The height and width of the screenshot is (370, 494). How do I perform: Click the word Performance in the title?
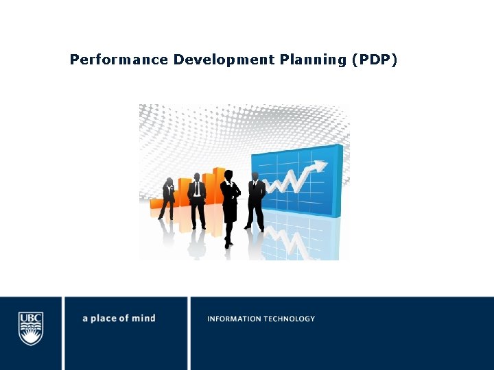pos(119,60)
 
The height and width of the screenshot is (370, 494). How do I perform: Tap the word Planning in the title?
pos(313,60)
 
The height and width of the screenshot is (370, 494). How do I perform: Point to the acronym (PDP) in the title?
pos(374,60)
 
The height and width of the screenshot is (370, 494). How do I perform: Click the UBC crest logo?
pos(31,328)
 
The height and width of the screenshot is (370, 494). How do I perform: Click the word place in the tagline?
pos(106,319)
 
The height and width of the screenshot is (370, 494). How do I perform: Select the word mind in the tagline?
pos(145,319)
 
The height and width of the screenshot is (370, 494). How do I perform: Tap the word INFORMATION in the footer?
pos(234,319)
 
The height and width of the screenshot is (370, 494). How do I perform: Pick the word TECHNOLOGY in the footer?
pos(289,319)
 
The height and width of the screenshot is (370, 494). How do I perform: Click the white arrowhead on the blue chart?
pos(320,166)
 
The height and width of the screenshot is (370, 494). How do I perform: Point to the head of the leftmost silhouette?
pos(169,181)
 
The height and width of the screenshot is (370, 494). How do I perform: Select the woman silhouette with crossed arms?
pos(230,202)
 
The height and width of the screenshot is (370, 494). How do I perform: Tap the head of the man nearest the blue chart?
pos(255,176)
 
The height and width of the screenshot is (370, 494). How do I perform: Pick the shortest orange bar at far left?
pos(155,203)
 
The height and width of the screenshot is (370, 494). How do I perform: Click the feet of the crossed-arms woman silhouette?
pos(228,243)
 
